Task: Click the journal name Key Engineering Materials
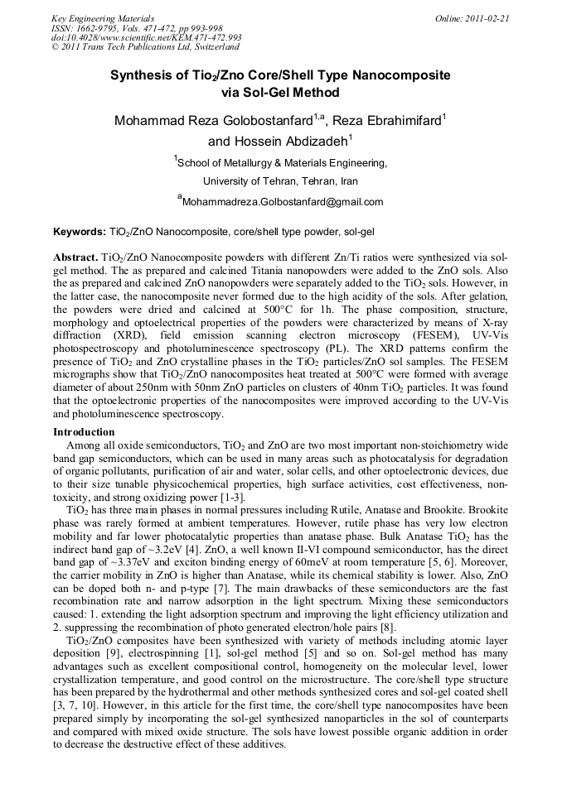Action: click(102, 18)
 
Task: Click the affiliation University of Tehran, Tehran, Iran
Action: click(280, 180)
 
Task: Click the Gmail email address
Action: click(282, 201)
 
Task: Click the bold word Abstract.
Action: click(75, 257)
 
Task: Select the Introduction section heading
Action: click(84, 432)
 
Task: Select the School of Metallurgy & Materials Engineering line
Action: click(282, 163)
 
